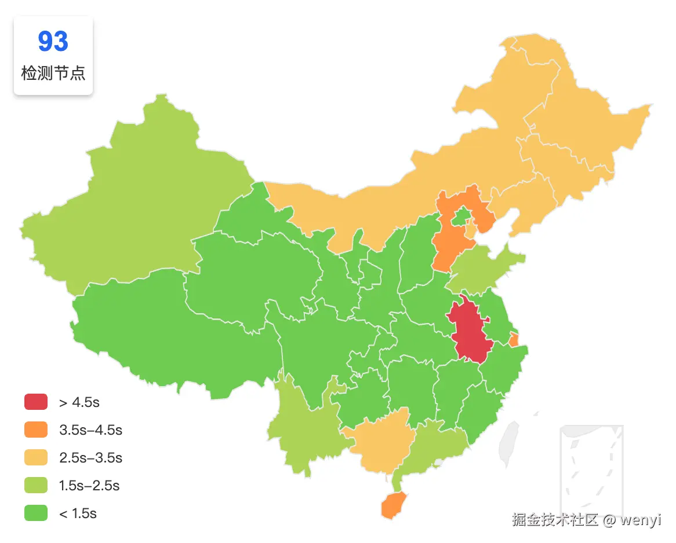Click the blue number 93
coord(53,42)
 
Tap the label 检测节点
coord(53,74)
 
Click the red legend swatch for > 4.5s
coord(35,402)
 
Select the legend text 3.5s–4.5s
coord(90,430)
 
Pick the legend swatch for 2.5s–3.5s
coord(35,457)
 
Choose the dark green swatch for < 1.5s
coord(35,513)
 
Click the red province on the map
coord(470,330)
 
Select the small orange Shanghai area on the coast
coord(514,340)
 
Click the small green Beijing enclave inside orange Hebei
coord(461,217)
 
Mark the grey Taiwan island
coord(509,443)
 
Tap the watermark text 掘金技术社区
coord(554,520)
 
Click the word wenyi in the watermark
coord(640,520)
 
